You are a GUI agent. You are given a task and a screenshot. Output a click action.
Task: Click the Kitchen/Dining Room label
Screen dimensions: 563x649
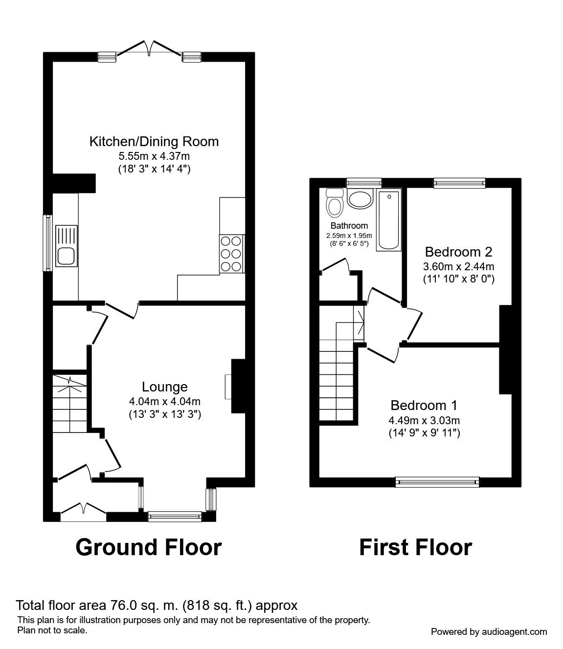[154, 142]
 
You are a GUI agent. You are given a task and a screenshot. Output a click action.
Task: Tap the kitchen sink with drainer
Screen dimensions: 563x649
[67, 246]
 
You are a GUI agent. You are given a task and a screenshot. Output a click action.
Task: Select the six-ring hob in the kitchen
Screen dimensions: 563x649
[232, 253]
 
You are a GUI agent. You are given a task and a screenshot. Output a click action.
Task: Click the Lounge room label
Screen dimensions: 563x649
[165, 387]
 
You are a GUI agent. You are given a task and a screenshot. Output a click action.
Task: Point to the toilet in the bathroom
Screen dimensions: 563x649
[335, 203]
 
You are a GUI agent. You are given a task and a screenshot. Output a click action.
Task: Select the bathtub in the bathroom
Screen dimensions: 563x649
[389, 219]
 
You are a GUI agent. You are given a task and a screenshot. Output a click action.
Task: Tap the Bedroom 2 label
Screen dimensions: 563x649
[458, 252]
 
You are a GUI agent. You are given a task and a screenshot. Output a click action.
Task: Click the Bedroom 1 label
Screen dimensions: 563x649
[424, 405]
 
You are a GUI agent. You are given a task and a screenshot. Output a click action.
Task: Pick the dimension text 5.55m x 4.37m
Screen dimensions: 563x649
[154, 156]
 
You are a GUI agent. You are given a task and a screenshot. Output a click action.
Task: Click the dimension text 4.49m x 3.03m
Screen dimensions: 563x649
[424, 420]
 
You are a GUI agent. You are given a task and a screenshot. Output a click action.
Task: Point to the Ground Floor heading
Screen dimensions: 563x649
[149, 547]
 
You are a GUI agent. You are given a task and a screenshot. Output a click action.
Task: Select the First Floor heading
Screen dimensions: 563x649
[416, 547]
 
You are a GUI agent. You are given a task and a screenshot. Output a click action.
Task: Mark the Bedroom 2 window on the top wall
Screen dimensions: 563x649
[459, 183]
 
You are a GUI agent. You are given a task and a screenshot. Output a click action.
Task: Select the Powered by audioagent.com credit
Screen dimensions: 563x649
[489, 632]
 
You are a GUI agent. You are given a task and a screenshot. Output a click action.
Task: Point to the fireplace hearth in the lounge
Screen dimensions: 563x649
[228, 387]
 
